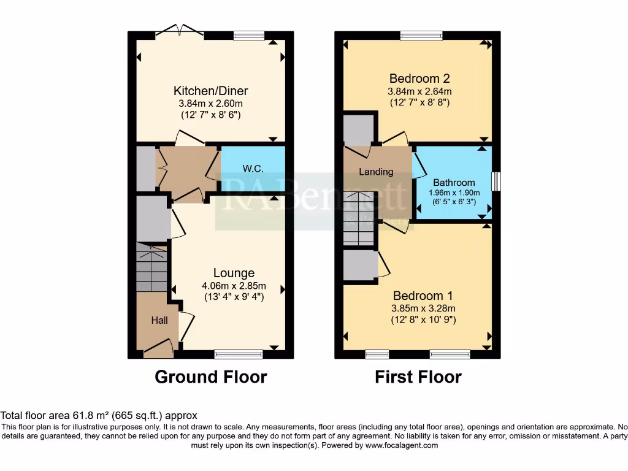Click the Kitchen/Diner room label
210,91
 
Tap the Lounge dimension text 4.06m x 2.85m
234,286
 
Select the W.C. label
253,169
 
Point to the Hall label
159,320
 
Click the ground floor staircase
151,268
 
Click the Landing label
376,172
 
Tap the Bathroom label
454,182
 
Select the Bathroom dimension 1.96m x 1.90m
454,193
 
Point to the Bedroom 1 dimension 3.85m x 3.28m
423,308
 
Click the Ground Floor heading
210,377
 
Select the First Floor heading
418,377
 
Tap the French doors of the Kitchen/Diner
179,32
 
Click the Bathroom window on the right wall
496,182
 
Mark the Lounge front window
239,354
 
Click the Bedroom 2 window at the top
421,36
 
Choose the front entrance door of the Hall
158,351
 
